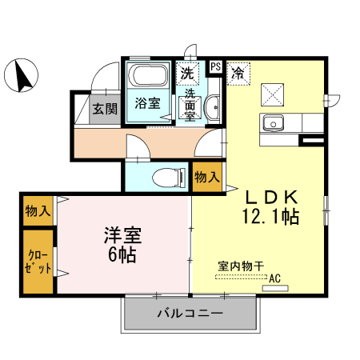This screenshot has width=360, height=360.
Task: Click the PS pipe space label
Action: (x=215, y=66)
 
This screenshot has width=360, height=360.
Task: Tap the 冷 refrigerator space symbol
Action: (x=238, y=73)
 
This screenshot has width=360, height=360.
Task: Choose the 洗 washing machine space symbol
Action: (x=187, y=73)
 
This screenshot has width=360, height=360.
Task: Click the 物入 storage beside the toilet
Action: (x=206, y=178)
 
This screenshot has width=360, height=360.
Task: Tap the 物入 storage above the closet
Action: (x=38, y=211)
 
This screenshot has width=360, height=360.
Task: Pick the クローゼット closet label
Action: (x=38, y=262)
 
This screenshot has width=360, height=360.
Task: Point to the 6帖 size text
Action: (x=122, y=256)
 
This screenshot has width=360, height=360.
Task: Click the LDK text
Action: (x=270, y=197)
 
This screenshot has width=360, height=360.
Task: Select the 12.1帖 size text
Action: (x=270, y=216)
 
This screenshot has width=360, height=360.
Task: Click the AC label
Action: (x=275, y=278)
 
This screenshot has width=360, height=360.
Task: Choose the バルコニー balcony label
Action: (x=190, y=313)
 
